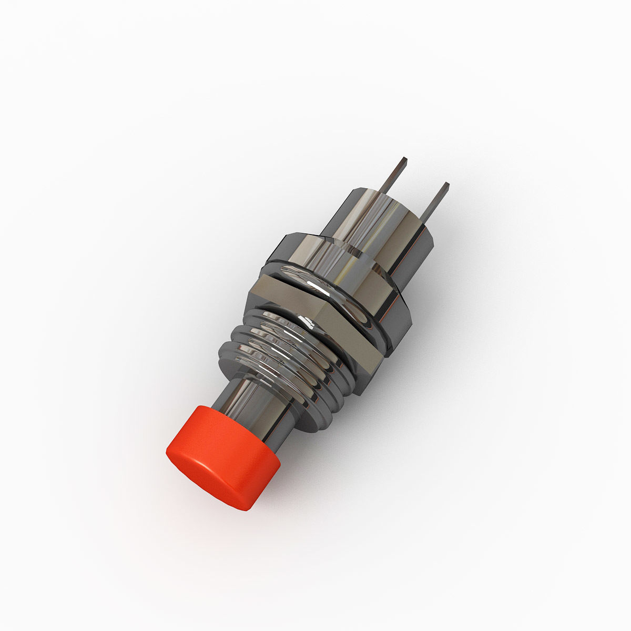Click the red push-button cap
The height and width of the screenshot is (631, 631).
223,455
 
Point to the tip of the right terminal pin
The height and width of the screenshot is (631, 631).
446,185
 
